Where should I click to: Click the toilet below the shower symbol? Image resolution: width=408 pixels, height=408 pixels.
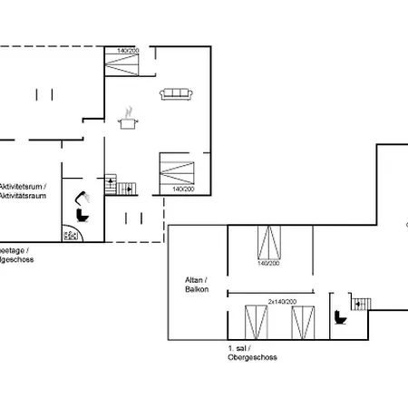tap(84, 216)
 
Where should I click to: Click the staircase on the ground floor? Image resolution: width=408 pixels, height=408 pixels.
tap(120, 186)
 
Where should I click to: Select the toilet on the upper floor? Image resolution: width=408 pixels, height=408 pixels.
tap(341, 317)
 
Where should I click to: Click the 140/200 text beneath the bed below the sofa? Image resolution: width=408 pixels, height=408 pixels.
tap(181, 189)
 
